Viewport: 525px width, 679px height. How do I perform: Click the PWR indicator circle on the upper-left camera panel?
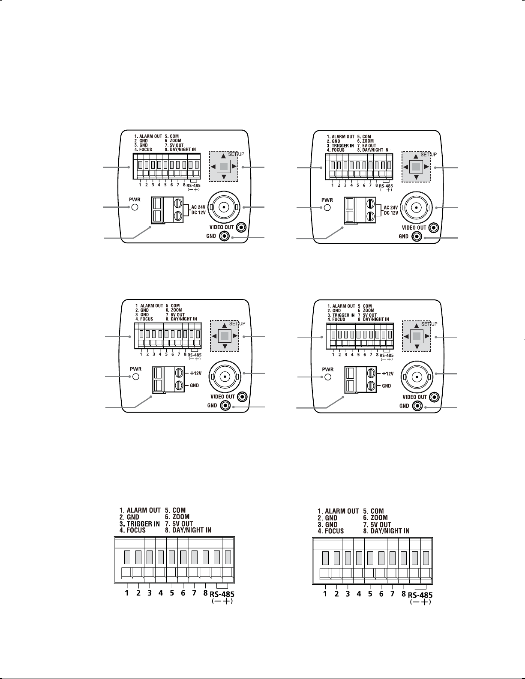click(x=135, y=207)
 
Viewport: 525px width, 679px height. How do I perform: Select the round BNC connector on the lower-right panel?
click(x=417, y=377)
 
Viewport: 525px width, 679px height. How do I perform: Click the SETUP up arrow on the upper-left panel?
click(x=223, y=156)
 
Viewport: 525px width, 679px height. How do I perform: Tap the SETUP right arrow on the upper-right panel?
click(x=426, y=166)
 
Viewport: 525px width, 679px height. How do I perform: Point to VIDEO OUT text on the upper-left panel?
click(x=222, y=227)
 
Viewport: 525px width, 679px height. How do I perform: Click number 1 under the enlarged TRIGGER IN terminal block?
click(x=127, y=593)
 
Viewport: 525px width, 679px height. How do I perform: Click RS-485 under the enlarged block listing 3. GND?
click(x=420, y=595)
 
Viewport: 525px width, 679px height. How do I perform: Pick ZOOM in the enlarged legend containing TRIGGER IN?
click(x=180, y=517)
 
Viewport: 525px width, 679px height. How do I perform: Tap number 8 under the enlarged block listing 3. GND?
click(x=403, y=594)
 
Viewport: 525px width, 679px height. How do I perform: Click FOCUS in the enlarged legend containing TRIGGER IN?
click(x=136, y=530)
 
